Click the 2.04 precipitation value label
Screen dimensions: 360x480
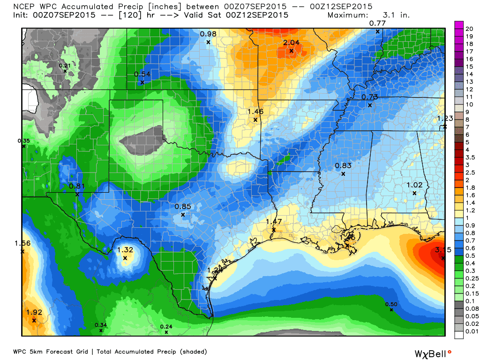tap(291, 42)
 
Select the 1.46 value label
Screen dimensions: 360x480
tap(255, 112)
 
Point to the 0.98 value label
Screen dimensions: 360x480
tap(208, 34)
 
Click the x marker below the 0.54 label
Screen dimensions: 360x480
tap(142, 82)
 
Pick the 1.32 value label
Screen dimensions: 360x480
tap(125, 250)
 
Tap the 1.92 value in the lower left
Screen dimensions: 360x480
tap(34, 312)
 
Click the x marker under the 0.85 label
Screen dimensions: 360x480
tap(183, 215)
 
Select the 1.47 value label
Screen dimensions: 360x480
tap(274, 222)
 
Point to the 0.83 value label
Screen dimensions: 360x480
tap(343, 165)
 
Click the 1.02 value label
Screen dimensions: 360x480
tap(414, 185)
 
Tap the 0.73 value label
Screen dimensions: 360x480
tap(370, 97)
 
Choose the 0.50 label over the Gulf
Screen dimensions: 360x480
tap(391, 305)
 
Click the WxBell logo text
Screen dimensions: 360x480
tap(428, 353)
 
